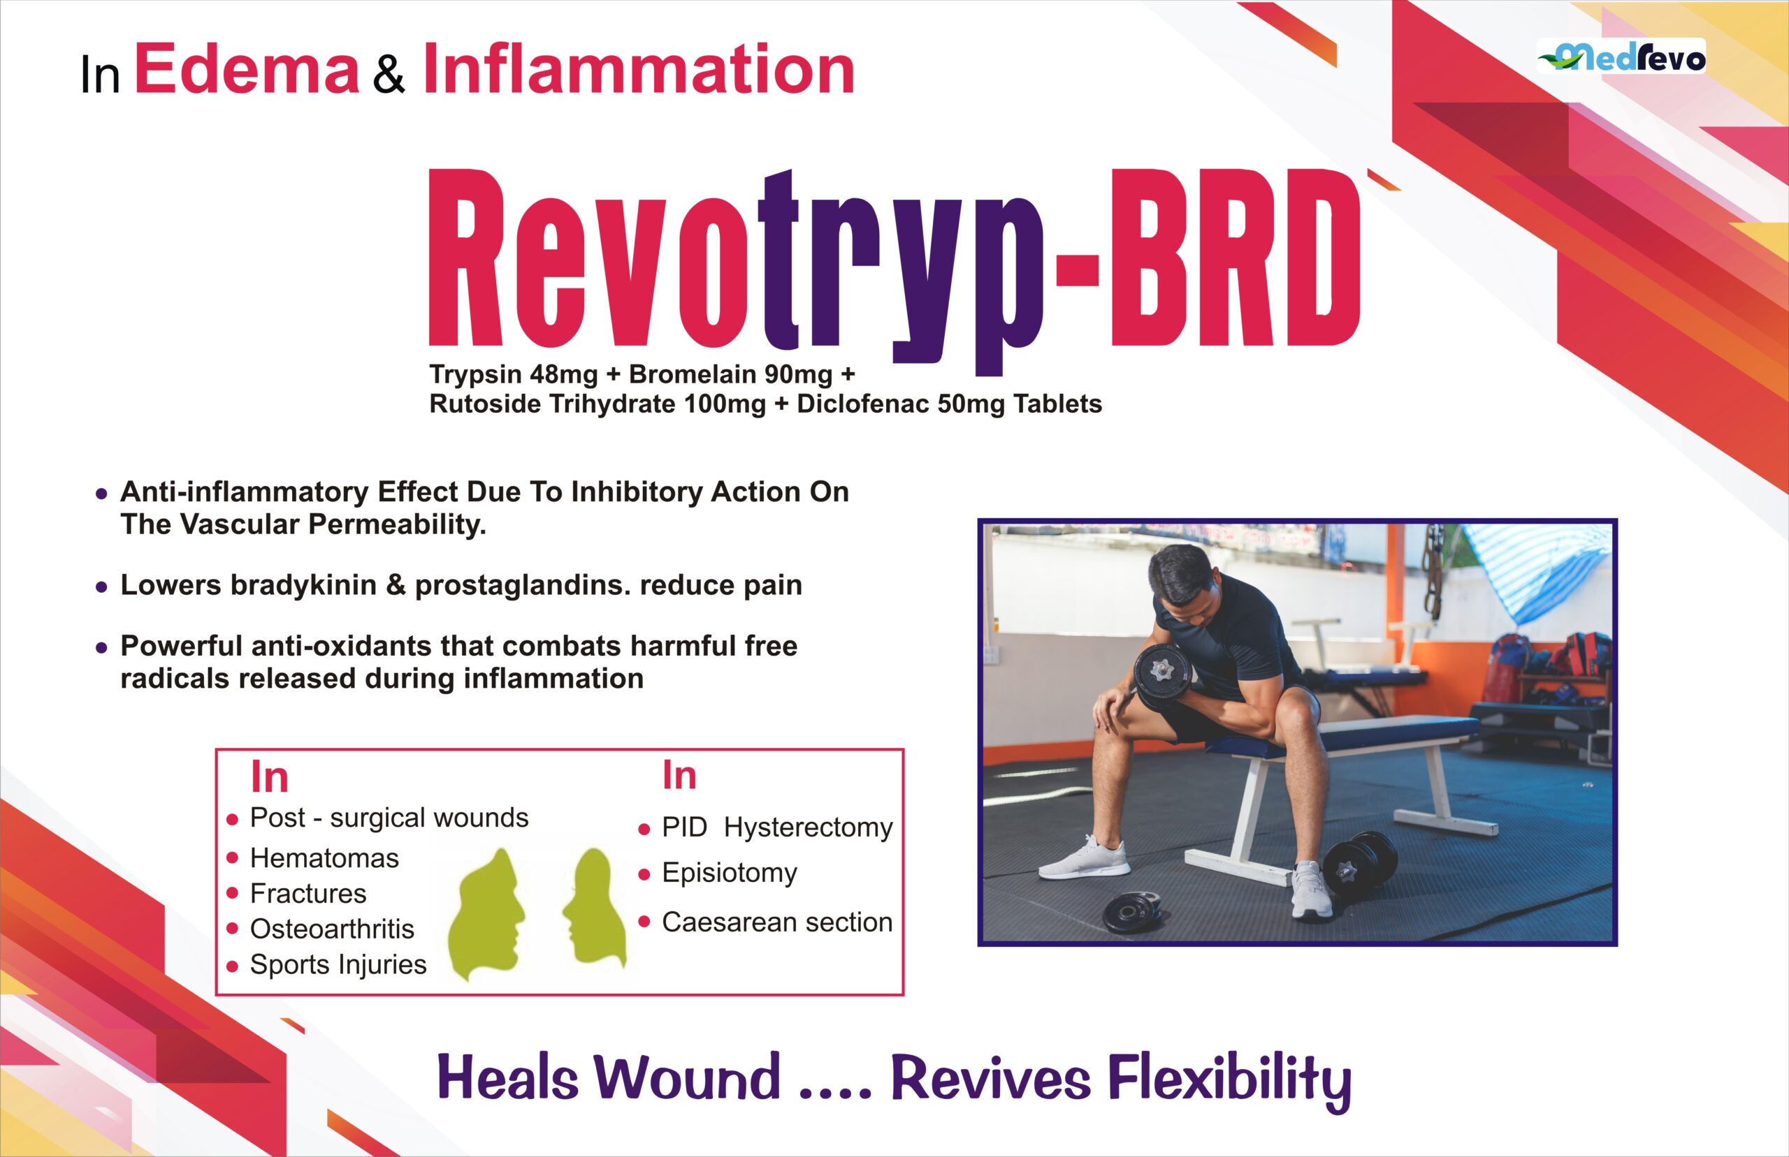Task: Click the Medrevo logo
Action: [1621, 57]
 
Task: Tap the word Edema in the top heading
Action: [247, 70]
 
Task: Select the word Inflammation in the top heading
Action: [639, 69]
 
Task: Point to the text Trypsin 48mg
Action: [514, 374]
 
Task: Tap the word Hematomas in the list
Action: [324, 858]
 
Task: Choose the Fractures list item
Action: [308, 893]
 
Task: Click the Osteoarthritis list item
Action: [332, 929]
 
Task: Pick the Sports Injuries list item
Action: [338, 965]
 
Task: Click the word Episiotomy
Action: [729, 873]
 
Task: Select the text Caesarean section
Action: [777, 922]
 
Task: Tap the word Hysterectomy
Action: [808, 828]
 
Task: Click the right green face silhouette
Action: [595, 908]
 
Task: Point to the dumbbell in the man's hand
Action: [1161, 675]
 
